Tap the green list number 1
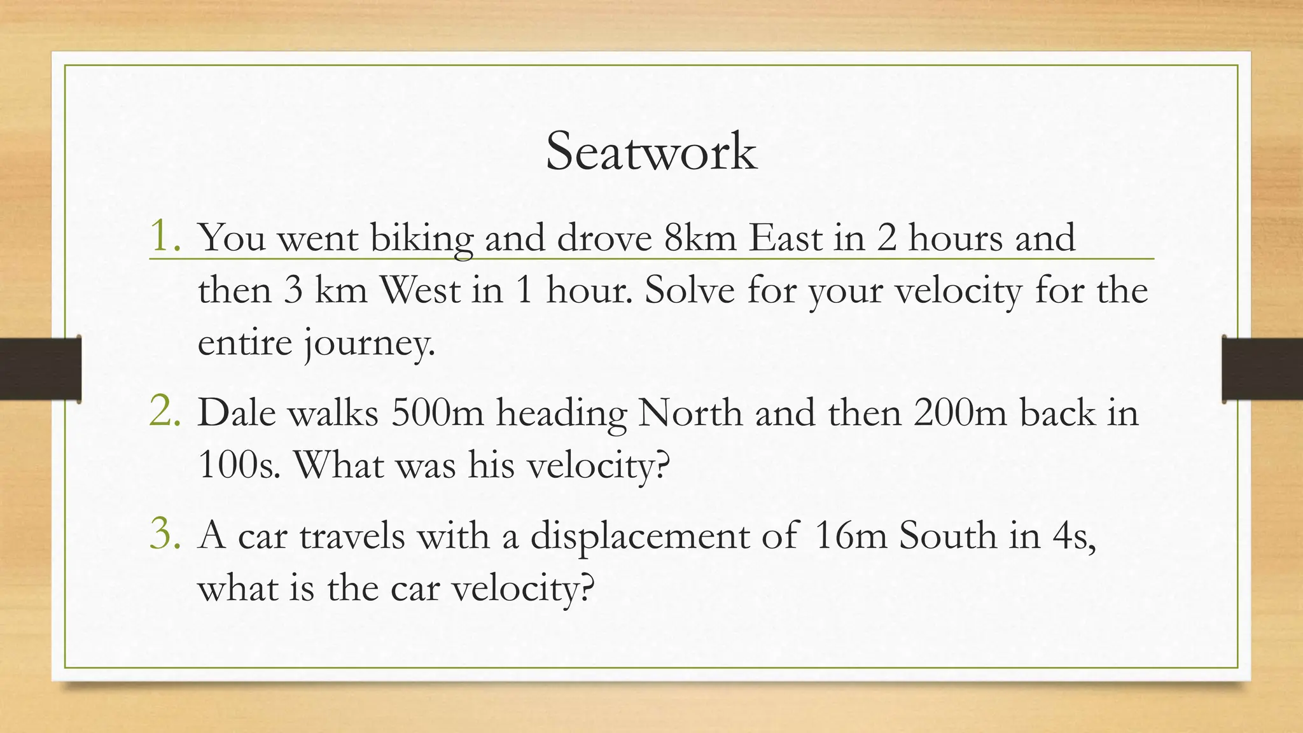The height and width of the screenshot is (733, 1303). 164,237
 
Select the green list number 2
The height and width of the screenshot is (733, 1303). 164,412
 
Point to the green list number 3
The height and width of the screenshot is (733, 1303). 164,534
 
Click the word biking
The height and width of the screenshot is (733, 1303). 421,239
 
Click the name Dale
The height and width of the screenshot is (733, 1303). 237,413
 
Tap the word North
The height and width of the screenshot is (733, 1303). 690,413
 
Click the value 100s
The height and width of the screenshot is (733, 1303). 238,465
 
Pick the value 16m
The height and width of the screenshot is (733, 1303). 850,535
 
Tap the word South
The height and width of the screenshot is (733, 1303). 947,535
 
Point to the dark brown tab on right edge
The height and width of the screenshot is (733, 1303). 1262,369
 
